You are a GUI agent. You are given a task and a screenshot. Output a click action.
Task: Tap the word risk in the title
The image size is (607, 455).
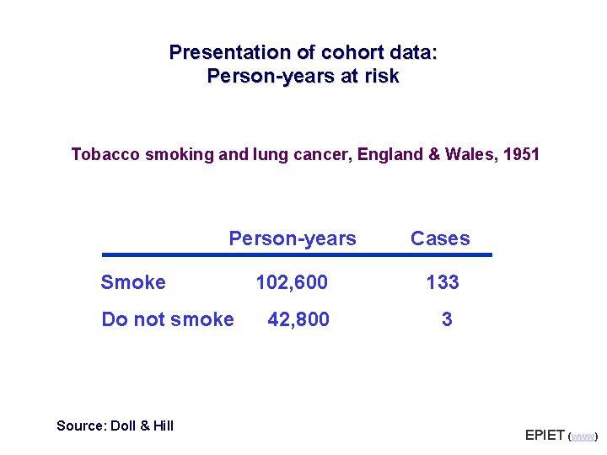click(x=380, y=77)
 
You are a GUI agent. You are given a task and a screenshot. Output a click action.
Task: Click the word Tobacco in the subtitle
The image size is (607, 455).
click(x=99, y=155)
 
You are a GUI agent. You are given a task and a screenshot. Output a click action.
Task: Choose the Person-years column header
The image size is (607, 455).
click(x=293, y=239)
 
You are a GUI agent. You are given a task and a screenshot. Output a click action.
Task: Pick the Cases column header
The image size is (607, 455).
click(x=440, y=239)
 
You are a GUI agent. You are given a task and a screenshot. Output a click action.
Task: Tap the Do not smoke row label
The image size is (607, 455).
click(x=167, y=320)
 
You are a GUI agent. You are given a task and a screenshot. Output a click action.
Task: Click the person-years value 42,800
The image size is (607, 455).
click(x=298, y=320)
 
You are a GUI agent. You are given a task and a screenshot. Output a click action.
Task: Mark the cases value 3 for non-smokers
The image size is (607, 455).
click(x=447, y=320)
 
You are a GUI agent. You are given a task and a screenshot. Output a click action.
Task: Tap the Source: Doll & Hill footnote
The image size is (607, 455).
click(x=115, y=426)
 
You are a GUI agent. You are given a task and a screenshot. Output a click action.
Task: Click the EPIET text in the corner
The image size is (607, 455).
click(x=545, y=436)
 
